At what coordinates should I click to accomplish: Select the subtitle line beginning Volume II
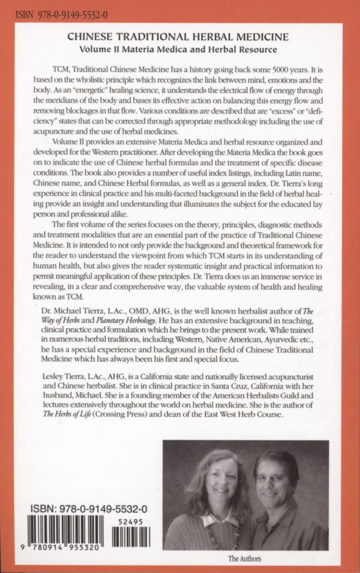179,48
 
